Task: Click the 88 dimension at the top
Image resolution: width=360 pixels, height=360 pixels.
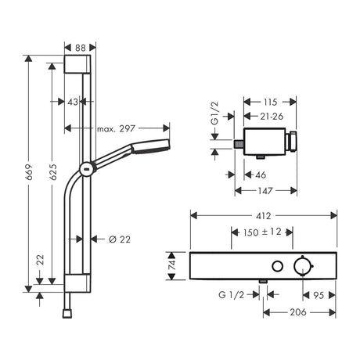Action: coord(81,48)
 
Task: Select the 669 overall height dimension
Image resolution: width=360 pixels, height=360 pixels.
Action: coord(29,172)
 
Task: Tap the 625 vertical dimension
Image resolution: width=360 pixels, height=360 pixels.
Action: coord(52,172)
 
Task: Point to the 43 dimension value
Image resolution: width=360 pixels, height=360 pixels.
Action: coord(73,102)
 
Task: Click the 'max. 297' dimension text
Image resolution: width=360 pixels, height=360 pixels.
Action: coord(116,128)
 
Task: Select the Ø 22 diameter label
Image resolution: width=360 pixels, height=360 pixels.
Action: coord(120,239)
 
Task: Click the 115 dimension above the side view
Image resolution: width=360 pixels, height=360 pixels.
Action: coord(270,102)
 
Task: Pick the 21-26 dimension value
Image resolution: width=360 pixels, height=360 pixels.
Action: coord(272,117)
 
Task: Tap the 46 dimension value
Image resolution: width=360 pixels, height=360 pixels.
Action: coord(261,175)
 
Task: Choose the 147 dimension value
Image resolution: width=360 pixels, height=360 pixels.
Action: coord(265,191)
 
